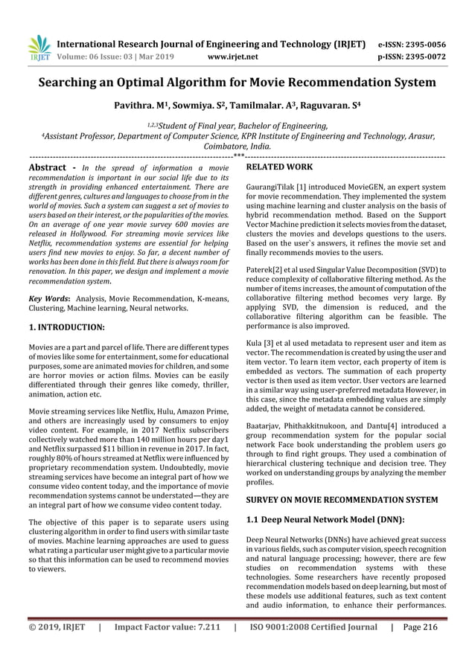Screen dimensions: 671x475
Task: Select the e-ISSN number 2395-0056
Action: [419, 43]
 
